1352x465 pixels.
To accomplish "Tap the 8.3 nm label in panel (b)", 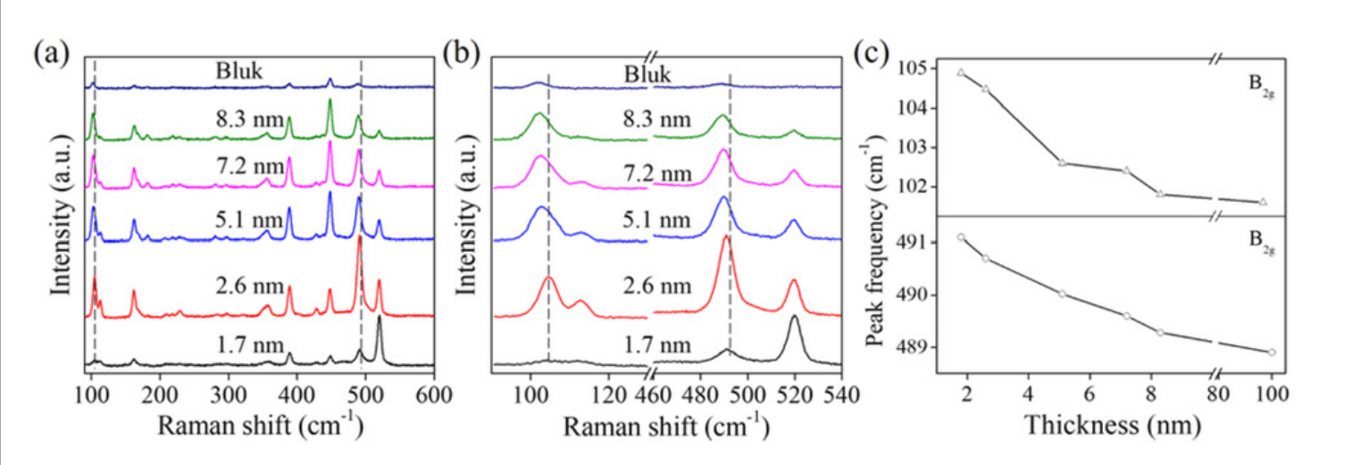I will coord(662,119).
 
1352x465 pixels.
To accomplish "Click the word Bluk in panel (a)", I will coord(239,71).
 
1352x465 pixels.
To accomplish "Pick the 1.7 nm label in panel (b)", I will coord(662,345).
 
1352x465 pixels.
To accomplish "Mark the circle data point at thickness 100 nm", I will coord(1271,352).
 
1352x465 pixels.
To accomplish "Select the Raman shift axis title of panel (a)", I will coord(261,425).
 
